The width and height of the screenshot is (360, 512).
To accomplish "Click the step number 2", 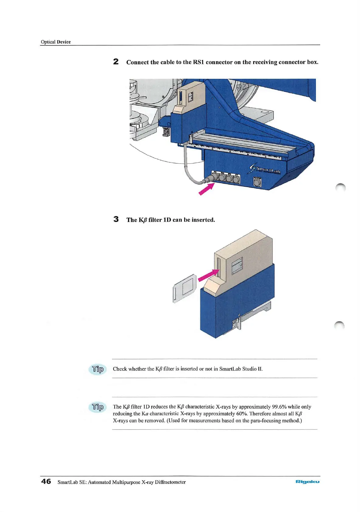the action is pyautogui.click(x=116, y=62).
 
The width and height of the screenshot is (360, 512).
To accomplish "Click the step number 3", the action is pyautogui.click(x=116, y=219).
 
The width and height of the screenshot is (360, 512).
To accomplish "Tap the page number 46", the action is pyautogui.click(x=46, y=481).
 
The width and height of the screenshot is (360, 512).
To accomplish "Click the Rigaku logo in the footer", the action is pyautogui.click(x=307, y=482).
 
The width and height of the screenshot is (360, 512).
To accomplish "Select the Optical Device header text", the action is pyautogui.click(x=56, y=42).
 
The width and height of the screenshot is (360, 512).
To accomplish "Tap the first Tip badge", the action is pyautogui.click(x=98, y=369).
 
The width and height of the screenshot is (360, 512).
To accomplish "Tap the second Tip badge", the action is pyautogui.click(x=98, y=407).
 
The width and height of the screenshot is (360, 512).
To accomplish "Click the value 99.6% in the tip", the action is pyautogui.click(x=279, y=407).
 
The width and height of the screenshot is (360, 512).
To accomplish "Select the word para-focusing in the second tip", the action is pyautogui.click(x=266, y=421).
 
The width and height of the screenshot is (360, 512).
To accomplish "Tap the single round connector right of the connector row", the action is pyautogui.click(x=257, y=182).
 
